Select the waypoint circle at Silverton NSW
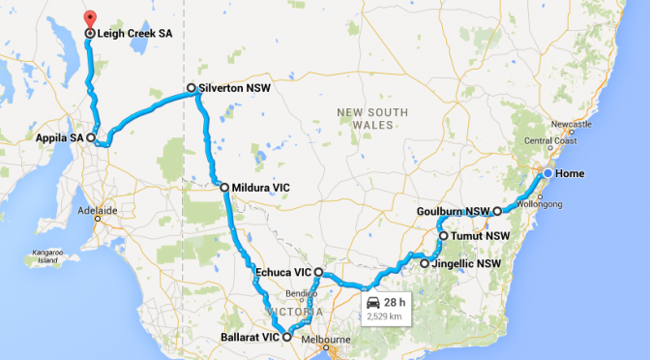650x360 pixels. [192, 88]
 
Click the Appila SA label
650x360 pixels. [58, 137]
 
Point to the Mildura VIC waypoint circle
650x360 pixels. [223, 187]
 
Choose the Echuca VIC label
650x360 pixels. [282, 272]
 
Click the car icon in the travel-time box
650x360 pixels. [373, 302]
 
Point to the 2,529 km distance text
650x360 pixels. [385, 315]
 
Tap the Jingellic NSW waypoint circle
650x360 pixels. [424, 262]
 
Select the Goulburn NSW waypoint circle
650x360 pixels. [497, 211]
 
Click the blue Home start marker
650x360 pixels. [547, 173]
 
